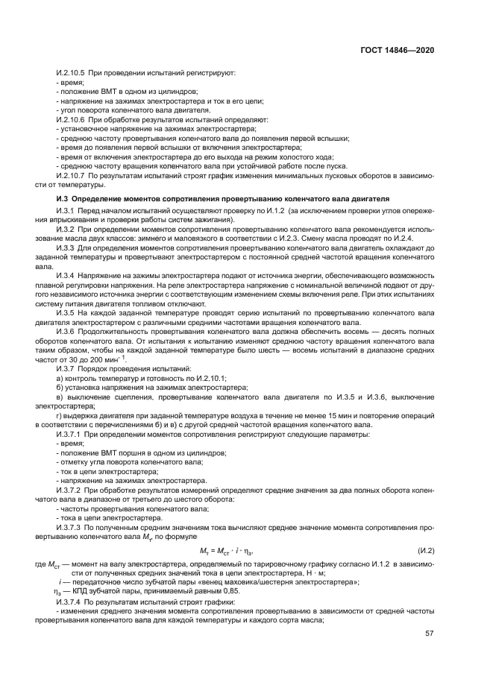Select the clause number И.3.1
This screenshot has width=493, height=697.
[x=66, y=212]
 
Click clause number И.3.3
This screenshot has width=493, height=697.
[x=66, y=247]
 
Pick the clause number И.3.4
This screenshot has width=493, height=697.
[x=66, y=274]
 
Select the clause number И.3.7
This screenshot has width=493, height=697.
[x=66, y=370]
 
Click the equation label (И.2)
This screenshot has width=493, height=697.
[x=426, y=550]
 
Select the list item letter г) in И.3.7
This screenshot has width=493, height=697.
[x=59, y=415]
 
